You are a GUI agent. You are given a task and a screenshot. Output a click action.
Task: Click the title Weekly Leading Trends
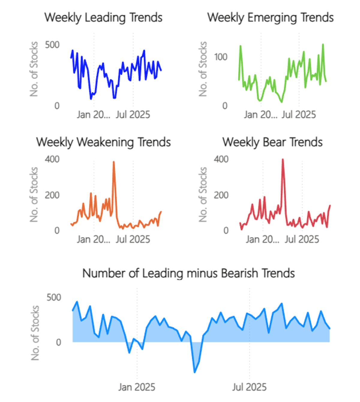point(103,17)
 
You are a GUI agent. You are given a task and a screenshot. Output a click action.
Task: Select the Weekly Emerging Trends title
point(270,17)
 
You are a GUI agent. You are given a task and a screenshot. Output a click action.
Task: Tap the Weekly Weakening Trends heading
point(103,142)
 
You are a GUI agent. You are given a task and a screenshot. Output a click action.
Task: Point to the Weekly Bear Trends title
point(272,142)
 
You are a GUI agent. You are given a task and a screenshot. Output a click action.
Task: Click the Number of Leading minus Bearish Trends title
point(188,273)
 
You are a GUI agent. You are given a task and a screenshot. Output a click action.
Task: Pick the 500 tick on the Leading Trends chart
point(52,45)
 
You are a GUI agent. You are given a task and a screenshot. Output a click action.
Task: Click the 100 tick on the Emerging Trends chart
point(220,57)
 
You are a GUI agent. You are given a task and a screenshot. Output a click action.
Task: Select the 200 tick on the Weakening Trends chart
point(52,195)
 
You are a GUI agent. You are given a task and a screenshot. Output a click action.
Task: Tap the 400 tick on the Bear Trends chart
point(221,159)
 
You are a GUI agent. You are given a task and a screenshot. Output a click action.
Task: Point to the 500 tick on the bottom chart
point(54,297)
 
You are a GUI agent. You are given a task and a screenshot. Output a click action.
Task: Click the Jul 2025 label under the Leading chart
point(133,115)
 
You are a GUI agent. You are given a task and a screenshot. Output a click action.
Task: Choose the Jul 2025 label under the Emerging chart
point(299,115)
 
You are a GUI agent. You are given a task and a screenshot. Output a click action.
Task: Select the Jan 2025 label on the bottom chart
point(137,387)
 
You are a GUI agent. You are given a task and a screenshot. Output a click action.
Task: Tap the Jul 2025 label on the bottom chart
point(249,387)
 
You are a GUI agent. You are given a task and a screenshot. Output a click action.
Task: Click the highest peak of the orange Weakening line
point(114,162)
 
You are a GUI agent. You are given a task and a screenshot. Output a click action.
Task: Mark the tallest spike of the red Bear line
point(283,160)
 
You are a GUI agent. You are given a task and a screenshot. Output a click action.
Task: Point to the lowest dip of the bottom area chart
point(195,372)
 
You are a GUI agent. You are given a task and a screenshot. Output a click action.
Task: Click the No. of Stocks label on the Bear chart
point(203,194)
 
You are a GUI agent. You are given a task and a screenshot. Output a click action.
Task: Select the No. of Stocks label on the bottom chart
point(35,333)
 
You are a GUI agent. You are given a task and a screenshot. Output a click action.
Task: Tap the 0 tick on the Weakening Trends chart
point(57,230)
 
